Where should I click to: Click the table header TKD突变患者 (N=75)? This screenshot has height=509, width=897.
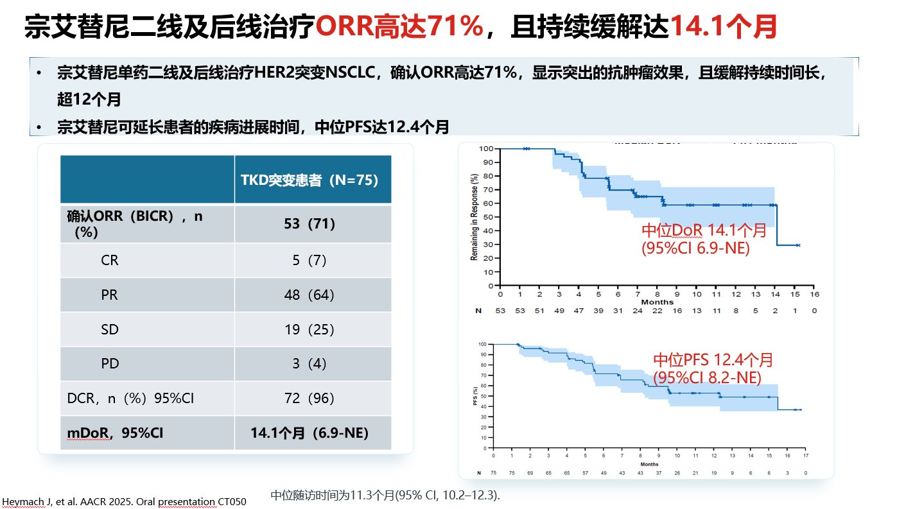(x=309, y=180)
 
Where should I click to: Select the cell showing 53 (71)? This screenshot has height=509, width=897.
(x=309, y=223)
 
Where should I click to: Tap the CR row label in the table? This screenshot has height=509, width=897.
(x=110, y=261)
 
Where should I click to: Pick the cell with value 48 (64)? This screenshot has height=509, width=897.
(x=309, y=295)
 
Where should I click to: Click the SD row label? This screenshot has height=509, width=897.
(x=110, y=329)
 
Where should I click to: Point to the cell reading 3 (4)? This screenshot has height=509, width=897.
(x=309, y=364)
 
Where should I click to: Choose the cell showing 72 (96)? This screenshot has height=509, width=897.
(x=309, y=399)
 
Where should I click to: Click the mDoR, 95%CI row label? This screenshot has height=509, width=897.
(x=115, y=433)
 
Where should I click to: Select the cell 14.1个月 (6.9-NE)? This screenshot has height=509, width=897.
(x=309, y=433)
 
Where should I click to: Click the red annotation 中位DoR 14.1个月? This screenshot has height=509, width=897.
(x=704, y=230)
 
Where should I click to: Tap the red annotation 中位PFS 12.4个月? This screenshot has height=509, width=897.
(x=713, y=360)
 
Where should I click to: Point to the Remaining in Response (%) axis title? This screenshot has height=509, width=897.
(x=475, y=217)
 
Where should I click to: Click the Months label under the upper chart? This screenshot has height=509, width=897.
(x=657, y=302)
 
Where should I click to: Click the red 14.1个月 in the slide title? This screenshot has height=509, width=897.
(x=723, y=28)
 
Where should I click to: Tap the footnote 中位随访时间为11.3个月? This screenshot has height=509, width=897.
(x=385, y=495)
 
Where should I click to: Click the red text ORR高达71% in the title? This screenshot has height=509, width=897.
(x=399, y=28)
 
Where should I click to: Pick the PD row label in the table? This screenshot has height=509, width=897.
(x=110, y=364)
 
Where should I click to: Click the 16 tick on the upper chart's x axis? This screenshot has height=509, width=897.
(x=814, y=294)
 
